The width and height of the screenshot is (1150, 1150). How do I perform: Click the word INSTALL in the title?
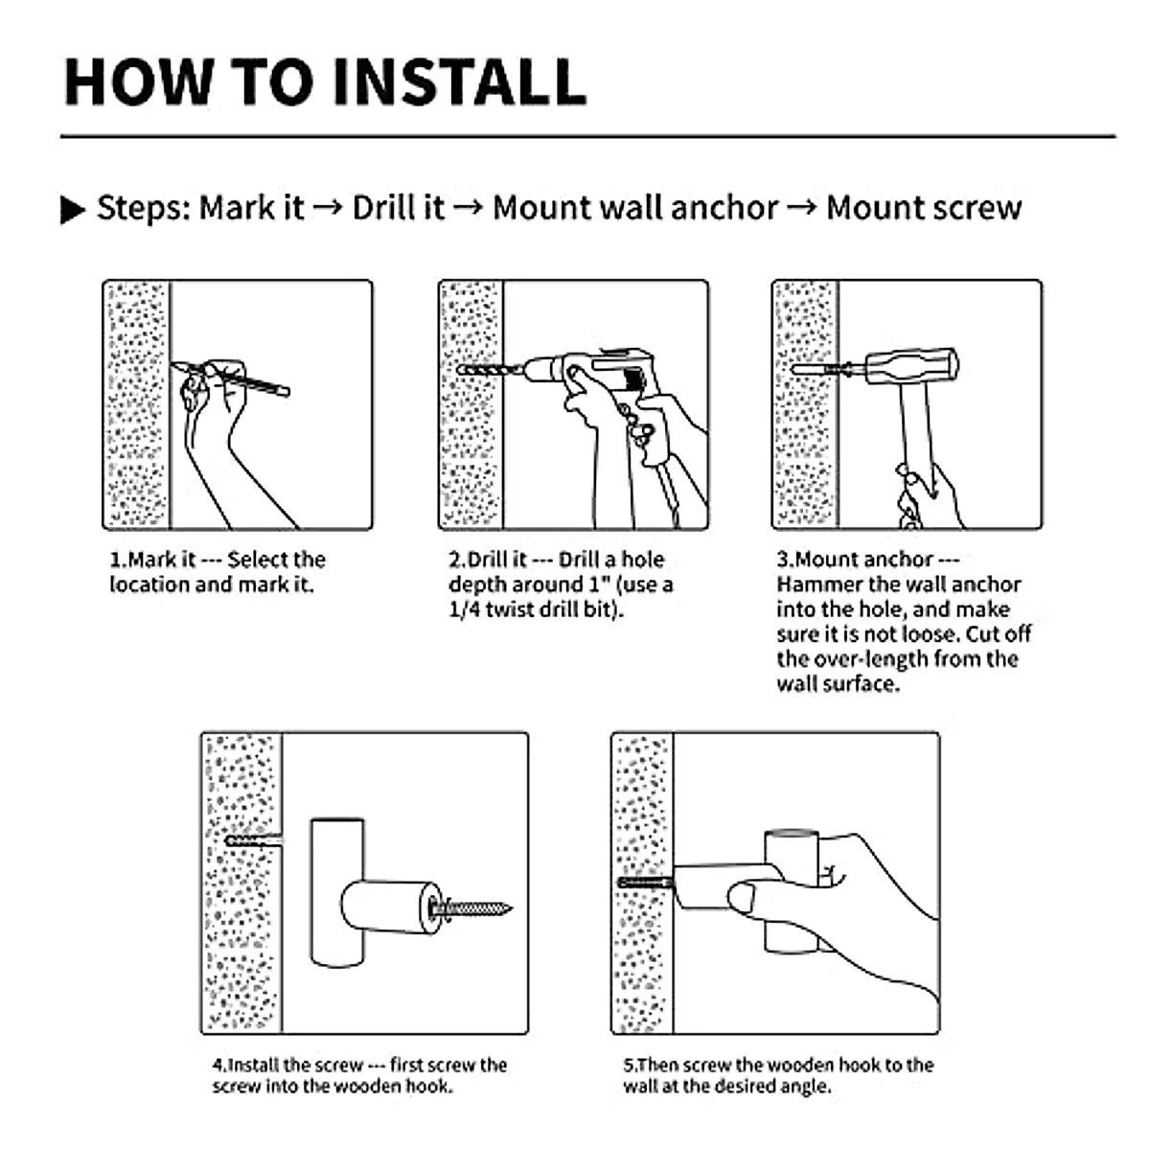pos(459,81)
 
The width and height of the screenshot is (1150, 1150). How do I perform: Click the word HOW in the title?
pos(139,81)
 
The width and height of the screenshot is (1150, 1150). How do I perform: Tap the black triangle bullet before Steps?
pos(73,210)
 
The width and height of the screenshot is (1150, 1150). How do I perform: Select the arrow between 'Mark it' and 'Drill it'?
pos(328,208)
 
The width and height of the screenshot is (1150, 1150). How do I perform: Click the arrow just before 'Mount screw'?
pos(802,208)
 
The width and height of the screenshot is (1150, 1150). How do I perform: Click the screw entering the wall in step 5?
pos(646,882)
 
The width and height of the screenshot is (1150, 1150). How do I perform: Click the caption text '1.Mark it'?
pos(152,560)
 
